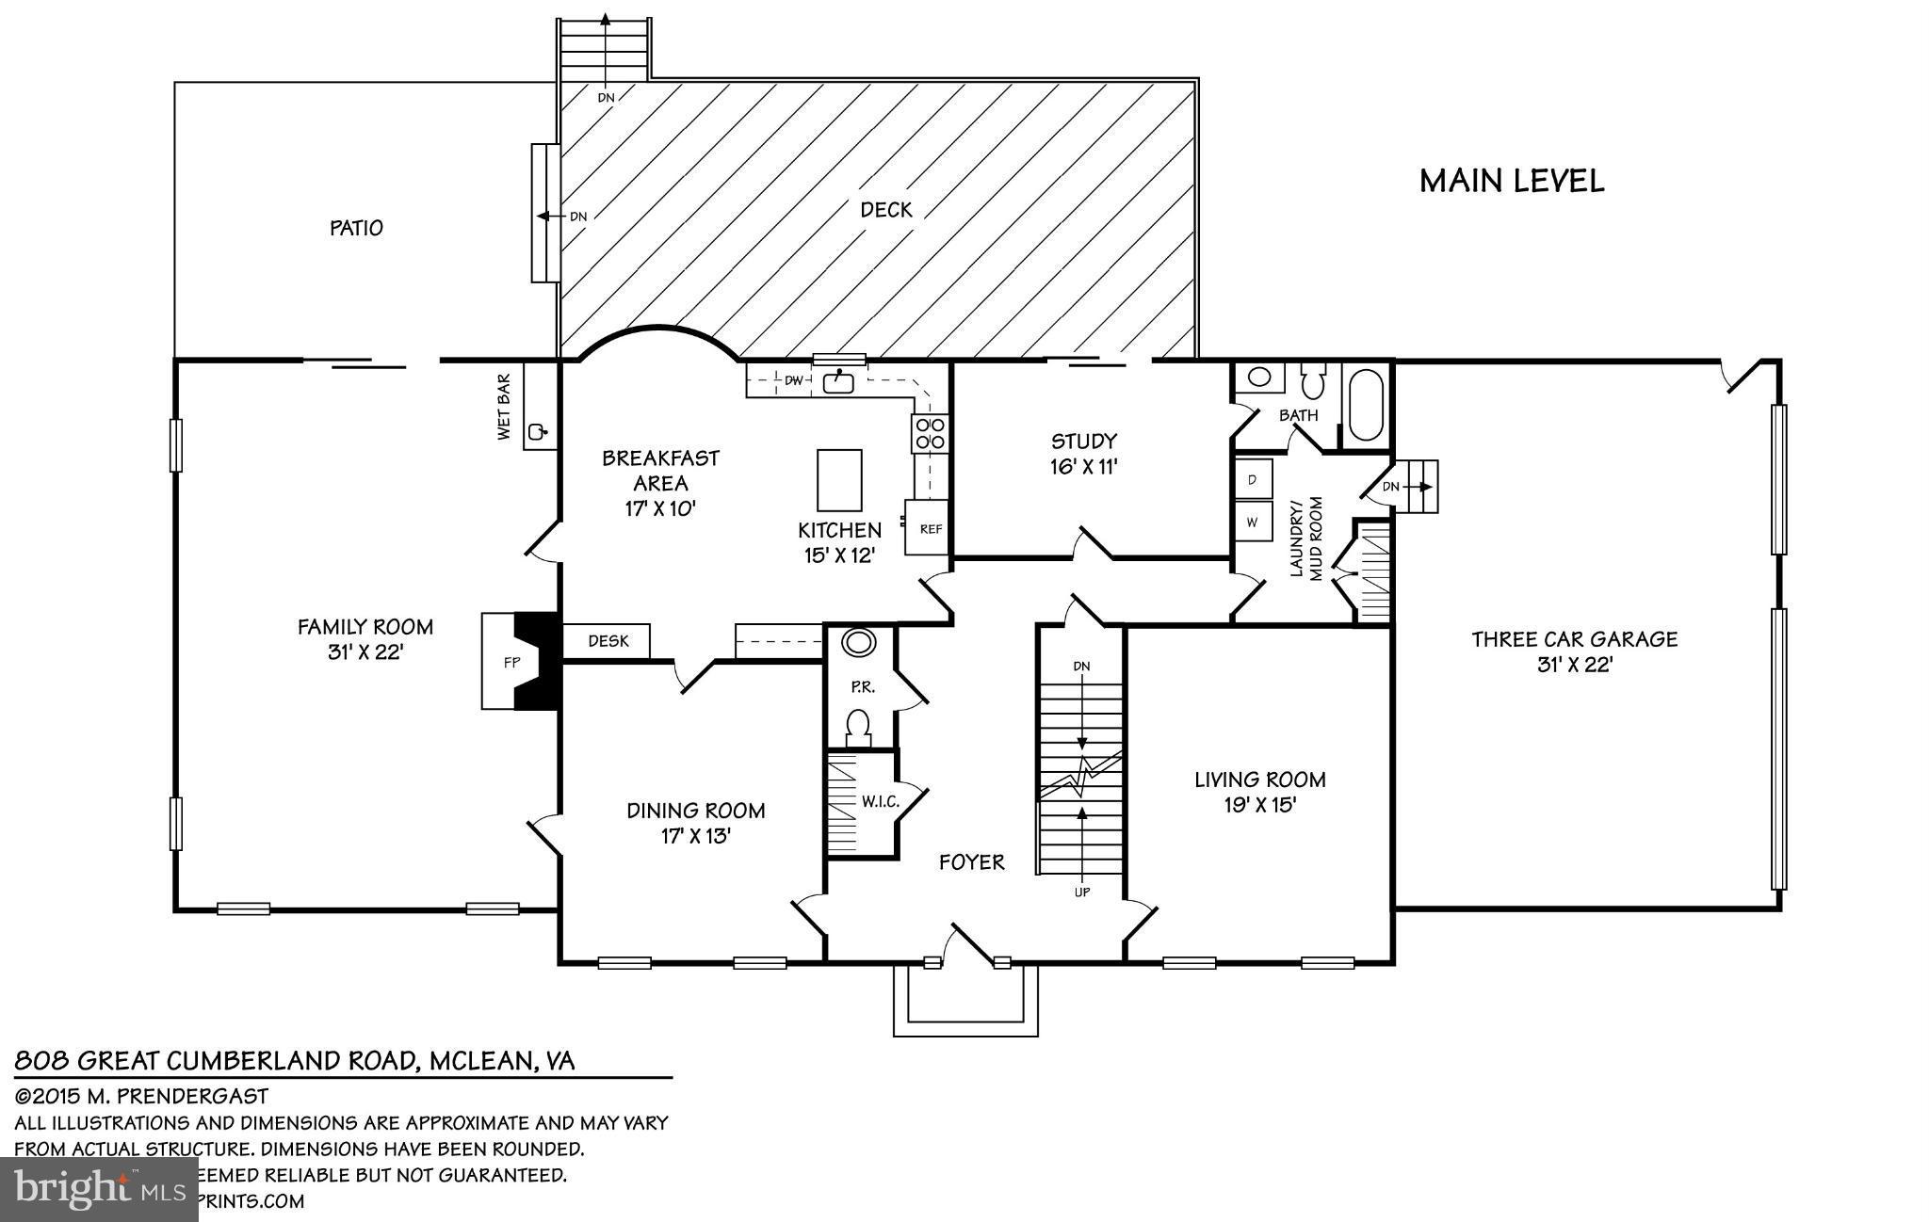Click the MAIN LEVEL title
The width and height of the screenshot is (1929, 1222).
coord(1511,181)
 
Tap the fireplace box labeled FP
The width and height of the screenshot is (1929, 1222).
coord(511,662)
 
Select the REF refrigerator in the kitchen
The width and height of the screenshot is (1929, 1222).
coord(930,528)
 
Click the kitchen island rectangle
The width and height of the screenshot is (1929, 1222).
coord(838,478)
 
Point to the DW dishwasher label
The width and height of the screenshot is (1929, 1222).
coord(793,380)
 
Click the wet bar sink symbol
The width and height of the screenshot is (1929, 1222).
coord(538,432)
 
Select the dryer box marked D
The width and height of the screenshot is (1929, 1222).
coord(1253,479)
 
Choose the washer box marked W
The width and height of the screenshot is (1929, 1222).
coord(1253,521)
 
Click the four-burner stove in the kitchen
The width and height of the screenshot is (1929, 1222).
coord(930,433)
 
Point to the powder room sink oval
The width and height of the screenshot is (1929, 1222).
coord(858,644)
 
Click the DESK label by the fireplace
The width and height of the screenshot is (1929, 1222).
coord(608,641)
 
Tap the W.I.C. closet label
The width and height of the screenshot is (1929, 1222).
coord(880,801)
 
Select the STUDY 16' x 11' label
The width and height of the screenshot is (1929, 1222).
coord(1083,453)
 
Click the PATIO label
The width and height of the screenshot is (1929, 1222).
coord(356,228)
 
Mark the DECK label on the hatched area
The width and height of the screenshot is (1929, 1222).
coord(886,209)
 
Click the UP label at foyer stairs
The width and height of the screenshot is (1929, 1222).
coord(1081,892)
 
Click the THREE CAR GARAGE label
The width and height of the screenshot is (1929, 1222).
coord(1574,651)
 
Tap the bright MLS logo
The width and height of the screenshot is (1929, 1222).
coord(99,1188)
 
